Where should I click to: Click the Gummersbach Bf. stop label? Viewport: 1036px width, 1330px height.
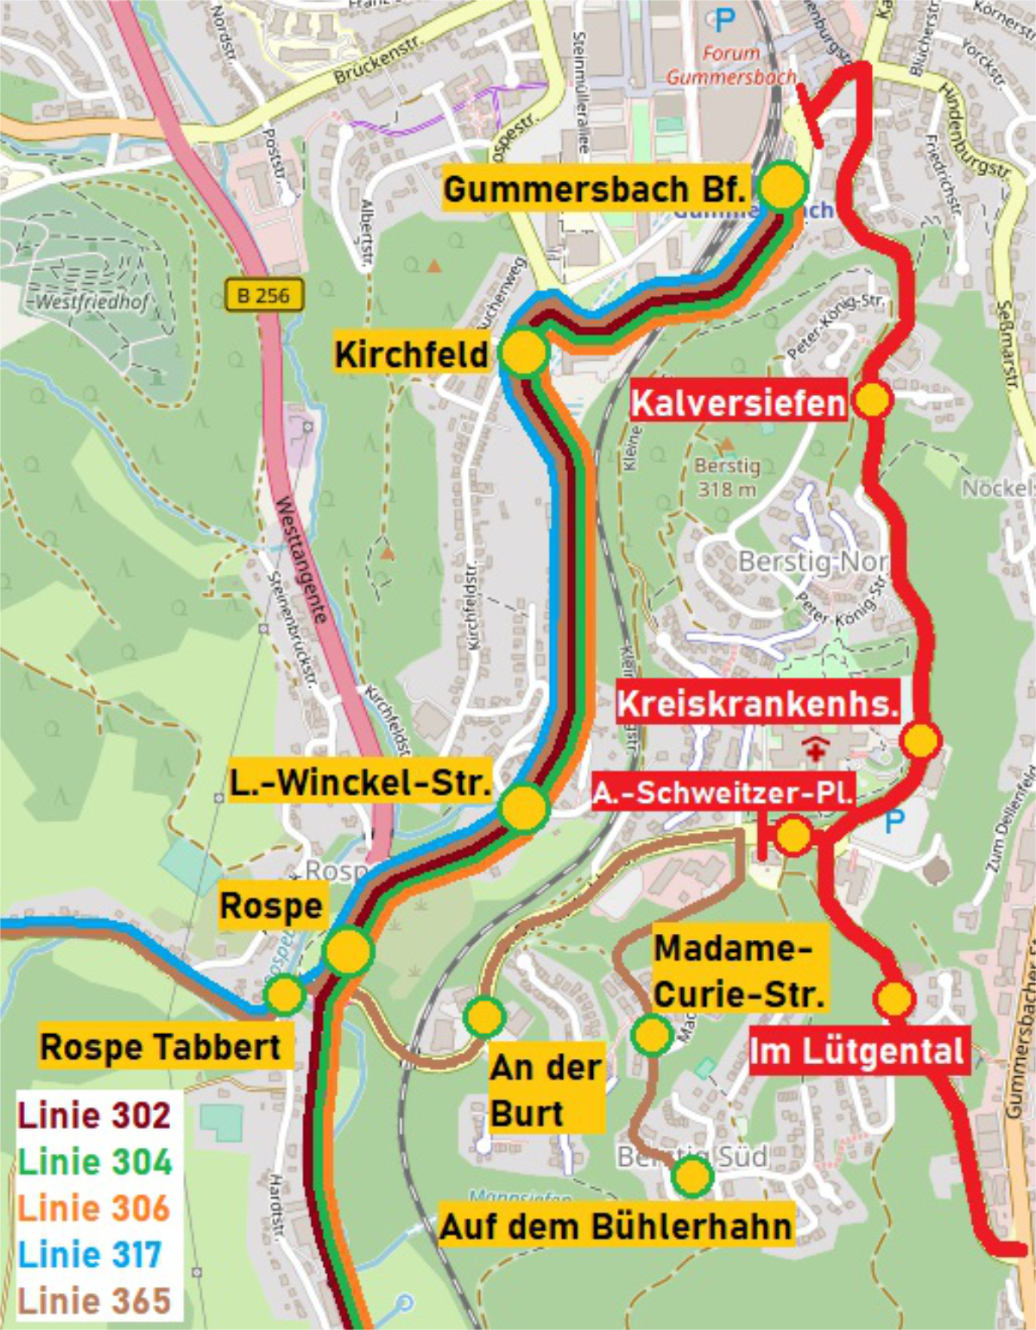pos(595,189)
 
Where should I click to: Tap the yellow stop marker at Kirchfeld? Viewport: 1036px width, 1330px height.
pos(523,352)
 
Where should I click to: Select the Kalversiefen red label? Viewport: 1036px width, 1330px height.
pos(738,403)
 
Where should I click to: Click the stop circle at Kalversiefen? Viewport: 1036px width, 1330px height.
pos(872,400)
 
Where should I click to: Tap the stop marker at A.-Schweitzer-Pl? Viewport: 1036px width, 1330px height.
pos(793,835)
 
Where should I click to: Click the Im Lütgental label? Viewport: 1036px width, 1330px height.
pos(856,1051)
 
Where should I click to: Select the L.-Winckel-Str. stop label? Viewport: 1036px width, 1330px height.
pos(360,783)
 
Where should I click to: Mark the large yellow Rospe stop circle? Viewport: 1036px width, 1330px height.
pos(348,949)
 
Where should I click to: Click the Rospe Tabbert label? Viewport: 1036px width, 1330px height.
pos(161,1047)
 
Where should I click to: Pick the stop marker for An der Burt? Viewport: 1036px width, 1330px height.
pos(484,1016)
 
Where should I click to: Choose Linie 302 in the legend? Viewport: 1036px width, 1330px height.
pos(95,1115)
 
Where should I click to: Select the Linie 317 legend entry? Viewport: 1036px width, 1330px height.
pos(90,1254)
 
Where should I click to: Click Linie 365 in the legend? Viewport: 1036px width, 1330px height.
pos(95,1301)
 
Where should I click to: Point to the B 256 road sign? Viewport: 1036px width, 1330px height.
pos(264,295)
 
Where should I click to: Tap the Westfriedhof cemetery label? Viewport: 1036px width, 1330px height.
pos(92,302)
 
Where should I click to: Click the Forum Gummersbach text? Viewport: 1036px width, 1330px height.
pos(730,65)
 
